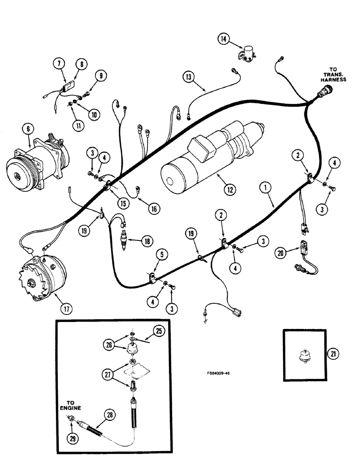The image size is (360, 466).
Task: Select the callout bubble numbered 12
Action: pos(229,189)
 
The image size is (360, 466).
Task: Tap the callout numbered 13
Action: pos(187,76)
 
